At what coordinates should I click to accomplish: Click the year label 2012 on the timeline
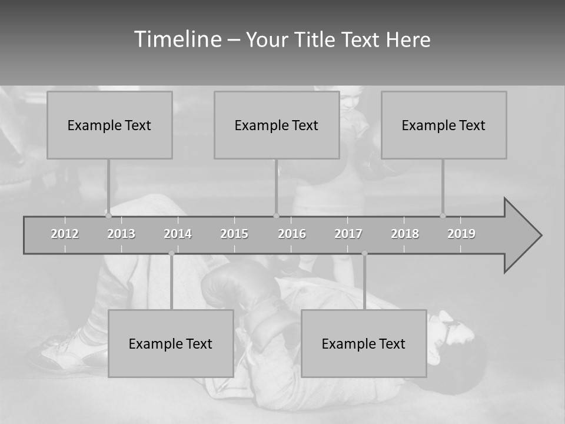(65, 234)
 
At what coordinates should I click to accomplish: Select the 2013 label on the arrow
(121, 234)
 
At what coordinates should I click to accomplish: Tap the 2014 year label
(178, 234)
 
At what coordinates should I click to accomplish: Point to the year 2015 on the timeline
(234, 234)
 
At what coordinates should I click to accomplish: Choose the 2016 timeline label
(292, 234)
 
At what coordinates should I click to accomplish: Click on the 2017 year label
(348, 234)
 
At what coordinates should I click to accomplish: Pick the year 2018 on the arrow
(405, 234)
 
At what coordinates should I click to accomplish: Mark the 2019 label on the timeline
(461, 234)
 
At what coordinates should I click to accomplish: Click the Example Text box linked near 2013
(109, 125)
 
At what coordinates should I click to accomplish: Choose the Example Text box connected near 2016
(277, 125)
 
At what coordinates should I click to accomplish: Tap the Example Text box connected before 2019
(444, 125)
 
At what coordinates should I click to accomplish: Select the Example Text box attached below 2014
(171, 343)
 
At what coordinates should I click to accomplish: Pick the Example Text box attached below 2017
(364, 343)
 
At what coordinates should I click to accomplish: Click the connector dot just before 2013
(108, 216)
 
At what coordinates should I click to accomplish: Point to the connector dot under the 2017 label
(364, 253)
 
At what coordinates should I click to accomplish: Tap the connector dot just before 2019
(443, 216)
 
